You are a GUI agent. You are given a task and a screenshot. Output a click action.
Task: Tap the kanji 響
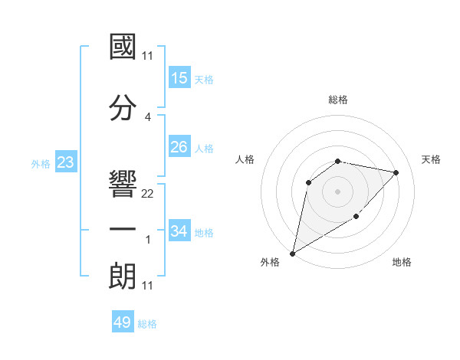click(x=123, y=183)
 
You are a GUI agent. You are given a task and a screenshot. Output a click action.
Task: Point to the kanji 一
click(x=123, y=229)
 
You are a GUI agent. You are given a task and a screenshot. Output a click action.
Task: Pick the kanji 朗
click(x=123, y=275)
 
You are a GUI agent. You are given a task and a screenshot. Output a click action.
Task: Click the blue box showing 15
click(x=179, y=78)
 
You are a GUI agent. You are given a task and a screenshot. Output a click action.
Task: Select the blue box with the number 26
click(x=179, y=147)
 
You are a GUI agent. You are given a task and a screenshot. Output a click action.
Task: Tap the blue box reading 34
click(x=179, y=231)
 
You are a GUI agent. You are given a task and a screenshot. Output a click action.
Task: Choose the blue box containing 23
click(x=65, y=162)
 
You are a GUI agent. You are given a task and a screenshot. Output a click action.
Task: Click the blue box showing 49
click(x=123, y=322)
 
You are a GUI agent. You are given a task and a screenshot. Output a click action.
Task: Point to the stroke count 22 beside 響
click(x=148, y=194)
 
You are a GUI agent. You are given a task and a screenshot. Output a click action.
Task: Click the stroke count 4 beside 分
click(x=148, y=117)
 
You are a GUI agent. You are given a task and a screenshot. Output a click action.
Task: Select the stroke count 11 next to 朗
click(x=148, y=286)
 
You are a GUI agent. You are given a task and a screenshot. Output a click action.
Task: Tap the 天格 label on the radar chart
click(x=431, y=159)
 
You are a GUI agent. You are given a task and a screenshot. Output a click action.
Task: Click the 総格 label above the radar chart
click(x=338, y=100)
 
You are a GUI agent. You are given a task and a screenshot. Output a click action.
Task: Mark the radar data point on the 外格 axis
click(x=292, y=253)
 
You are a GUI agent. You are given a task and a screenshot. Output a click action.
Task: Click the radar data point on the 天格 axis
click(x=396, y=172)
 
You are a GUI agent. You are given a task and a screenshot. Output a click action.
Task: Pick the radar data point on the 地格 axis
click(x=356, y=217)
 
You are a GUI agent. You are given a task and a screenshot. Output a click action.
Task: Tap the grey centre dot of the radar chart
click(x=337, y=191)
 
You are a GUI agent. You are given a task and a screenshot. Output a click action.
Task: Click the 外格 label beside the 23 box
click(x=41, y=163)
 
